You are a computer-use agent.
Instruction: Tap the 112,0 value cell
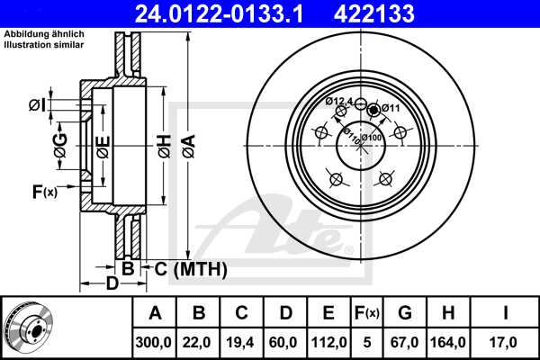329,341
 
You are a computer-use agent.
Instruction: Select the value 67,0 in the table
405,341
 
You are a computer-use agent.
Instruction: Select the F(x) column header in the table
366,313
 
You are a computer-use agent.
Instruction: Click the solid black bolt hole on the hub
374,109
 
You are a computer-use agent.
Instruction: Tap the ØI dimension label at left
36,106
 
